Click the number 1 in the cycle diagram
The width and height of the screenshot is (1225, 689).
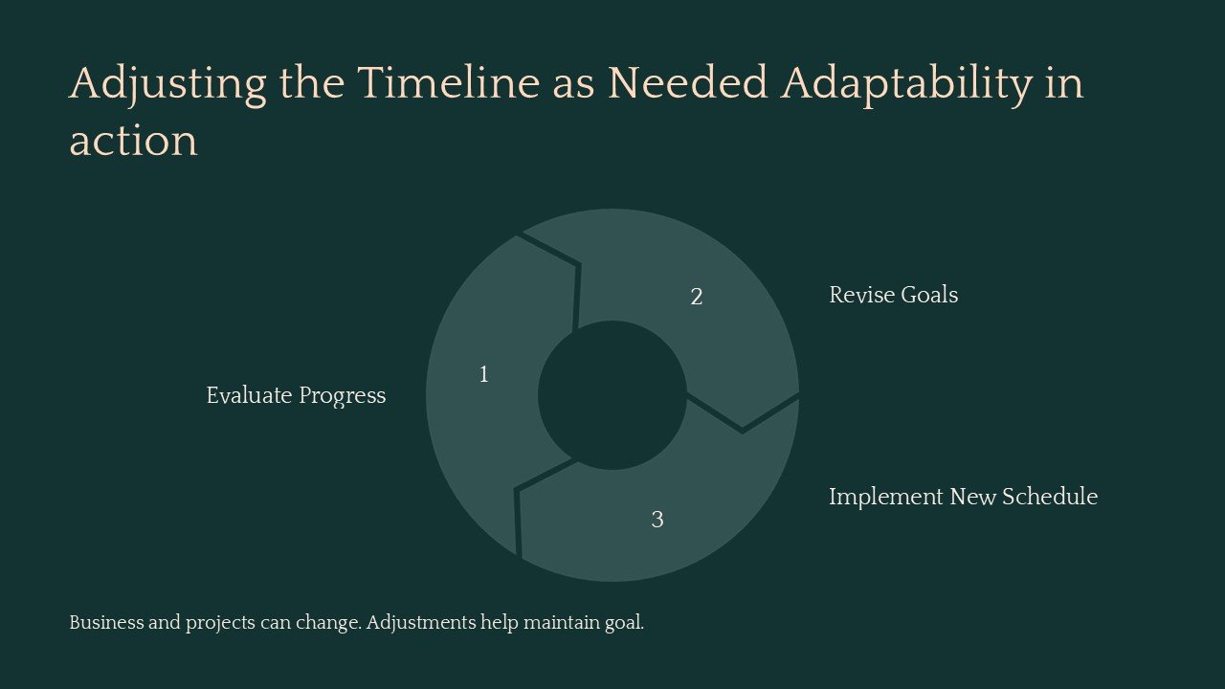483,375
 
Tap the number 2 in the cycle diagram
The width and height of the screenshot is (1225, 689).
697,298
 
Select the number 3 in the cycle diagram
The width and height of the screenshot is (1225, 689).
657,520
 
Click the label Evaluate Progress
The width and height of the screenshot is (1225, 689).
296,395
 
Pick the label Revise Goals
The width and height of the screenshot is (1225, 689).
893,295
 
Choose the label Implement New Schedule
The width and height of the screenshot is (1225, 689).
963,497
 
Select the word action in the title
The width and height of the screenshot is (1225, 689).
133,142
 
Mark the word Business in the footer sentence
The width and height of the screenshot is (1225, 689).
105,623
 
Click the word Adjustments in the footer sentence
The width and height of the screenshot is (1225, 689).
421,623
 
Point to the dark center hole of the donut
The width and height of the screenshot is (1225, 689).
612,395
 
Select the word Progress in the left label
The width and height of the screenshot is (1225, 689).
342,395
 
